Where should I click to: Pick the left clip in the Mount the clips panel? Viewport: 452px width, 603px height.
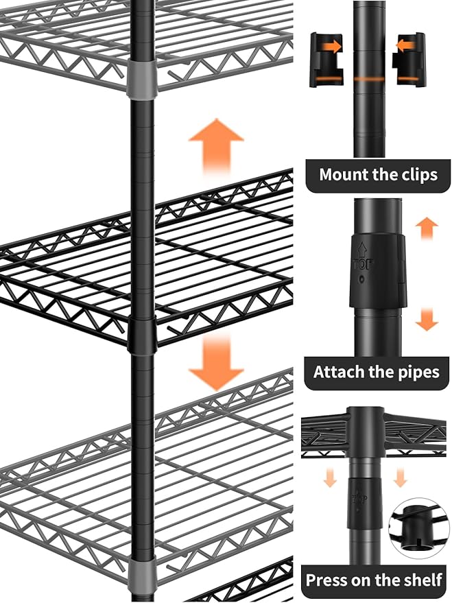pos(325,60)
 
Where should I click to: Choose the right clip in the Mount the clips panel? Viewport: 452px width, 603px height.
pos(409,60)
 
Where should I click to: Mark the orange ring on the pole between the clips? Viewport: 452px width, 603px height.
pos(369,79)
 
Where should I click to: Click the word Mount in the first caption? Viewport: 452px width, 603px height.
pos(344,174)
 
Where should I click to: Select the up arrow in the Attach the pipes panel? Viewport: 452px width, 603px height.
pos(427,228)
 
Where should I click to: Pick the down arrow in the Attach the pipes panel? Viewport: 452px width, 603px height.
pos(427,319)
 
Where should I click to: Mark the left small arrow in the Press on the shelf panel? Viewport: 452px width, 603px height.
pos(331,477)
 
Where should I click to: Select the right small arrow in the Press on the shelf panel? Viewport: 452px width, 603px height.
pos(400,477)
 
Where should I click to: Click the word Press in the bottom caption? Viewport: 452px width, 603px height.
pos(328,580)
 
